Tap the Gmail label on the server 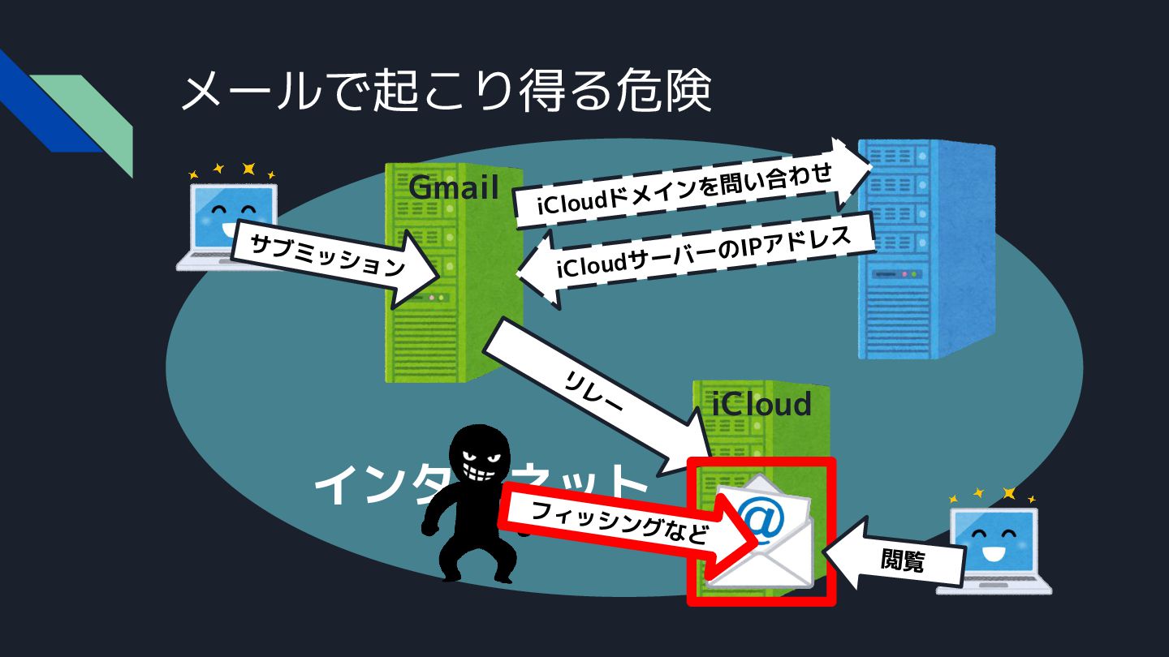453,187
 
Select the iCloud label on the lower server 761,403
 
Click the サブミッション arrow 329,258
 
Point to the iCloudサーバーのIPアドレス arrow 698,258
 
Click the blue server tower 925,251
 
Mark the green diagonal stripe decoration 93,118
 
